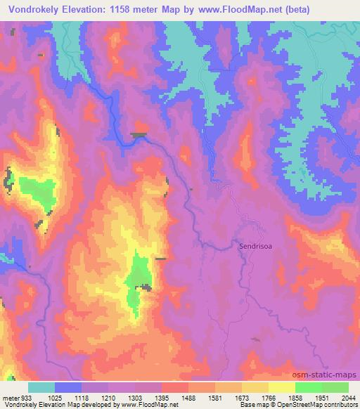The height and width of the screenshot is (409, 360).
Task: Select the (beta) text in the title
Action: pyautogui.click(x=328, y=9)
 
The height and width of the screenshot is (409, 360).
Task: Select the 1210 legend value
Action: pyautogui.click(x=108, y=397)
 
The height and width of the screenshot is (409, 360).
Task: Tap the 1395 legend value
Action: pyautogui.click(x=161, y=397)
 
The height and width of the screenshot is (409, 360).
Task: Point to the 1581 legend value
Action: pyautogui.click(x=214, y=397)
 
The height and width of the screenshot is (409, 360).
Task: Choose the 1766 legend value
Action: pyautogui.click(x=268, y=397)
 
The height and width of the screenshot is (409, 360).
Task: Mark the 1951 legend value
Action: pyautogui.click(x=321, y=397)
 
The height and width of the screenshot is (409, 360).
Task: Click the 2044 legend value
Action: pyautogui.click(x=348, y=397)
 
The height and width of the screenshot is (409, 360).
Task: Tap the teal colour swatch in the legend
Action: pyautogui.click(x=41, y=387)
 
